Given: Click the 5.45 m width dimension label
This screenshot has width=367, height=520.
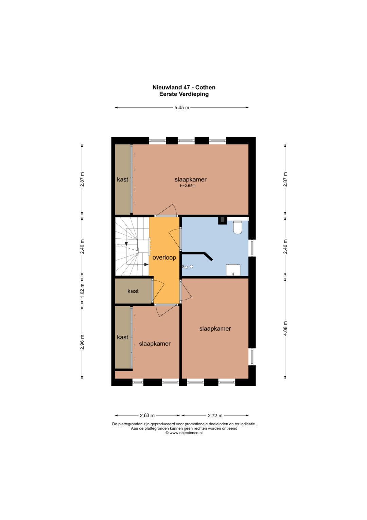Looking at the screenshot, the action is (x=182, y=108).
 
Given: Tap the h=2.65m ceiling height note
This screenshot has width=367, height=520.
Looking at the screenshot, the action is (x=188, y=186).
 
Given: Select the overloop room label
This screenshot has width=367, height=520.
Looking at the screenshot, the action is (x=164, y=257).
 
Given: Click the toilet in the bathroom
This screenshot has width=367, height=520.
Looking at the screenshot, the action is (x=238, y=227).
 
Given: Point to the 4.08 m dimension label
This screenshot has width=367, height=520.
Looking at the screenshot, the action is (x=285, y=328).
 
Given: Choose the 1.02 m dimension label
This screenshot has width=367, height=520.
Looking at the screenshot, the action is (x=82, y=291).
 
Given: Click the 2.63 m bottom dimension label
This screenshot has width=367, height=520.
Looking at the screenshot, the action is (x=147, y=415).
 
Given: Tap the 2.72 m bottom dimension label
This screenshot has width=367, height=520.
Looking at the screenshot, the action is (x=215, y=415).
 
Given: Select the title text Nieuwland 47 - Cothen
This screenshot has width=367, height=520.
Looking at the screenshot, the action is (x=184, y=87).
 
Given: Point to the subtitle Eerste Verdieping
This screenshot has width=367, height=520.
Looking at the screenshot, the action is (x=184, y=94).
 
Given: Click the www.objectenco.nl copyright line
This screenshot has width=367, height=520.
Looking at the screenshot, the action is (x=184, y=433).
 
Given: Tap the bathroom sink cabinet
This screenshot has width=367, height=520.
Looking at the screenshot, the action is (x=233, y=270).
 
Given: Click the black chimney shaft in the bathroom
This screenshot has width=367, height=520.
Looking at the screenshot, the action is (x=222, y=221).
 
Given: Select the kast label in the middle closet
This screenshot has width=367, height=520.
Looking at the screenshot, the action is (x=133, y=291).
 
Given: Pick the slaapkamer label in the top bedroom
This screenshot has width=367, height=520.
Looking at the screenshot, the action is (x=190, y=179).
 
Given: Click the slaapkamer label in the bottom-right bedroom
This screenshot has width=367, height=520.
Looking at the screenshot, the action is (x=215, y=329).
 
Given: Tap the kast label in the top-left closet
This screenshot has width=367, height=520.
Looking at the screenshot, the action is (x=123, y=179).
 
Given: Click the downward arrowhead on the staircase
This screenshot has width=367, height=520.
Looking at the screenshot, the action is (x=126, y=244).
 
